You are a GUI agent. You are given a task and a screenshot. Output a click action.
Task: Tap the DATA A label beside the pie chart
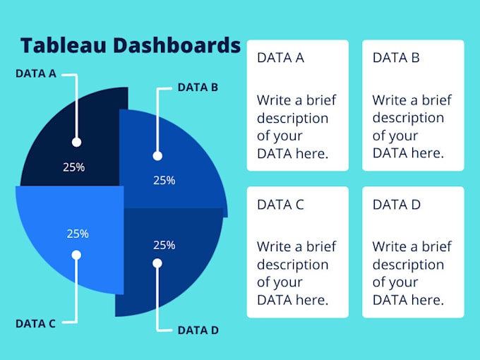tap(36, 73)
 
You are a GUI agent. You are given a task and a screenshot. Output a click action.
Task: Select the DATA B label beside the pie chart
tap(198, 88)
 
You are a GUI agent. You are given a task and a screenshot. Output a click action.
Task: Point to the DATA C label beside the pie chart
tap(35, 324)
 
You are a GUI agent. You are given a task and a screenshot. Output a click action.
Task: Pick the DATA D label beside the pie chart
tap(198, 330)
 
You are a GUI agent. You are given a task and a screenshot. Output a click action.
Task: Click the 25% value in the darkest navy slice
tap(74, 167)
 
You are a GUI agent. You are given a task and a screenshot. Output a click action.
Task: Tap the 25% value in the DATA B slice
tap(164, 180)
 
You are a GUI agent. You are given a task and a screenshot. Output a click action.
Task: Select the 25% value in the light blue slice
tap(78, 234)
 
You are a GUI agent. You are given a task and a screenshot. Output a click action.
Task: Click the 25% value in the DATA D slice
tap(164, 245)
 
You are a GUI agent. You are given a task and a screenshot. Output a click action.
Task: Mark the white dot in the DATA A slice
tap(76, 142)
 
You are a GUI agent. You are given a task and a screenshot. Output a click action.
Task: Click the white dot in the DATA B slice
tap(157, 156)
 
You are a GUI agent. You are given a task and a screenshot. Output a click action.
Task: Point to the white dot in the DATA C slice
tap(76, 255)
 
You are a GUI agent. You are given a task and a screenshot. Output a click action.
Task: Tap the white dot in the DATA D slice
tap(157, 263)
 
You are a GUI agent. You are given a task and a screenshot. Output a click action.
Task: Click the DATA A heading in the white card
tap(280, 58)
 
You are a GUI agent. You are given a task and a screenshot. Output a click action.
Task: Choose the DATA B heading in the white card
tap(396, 58)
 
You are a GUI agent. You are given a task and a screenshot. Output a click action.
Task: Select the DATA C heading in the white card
tap(280, 205)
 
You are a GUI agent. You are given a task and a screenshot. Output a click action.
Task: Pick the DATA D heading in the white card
tap(397, 205)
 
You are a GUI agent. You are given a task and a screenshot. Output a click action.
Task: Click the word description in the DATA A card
tap(292, 118)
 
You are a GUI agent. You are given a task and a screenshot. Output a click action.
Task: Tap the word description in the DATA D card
tap(408, 265)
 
